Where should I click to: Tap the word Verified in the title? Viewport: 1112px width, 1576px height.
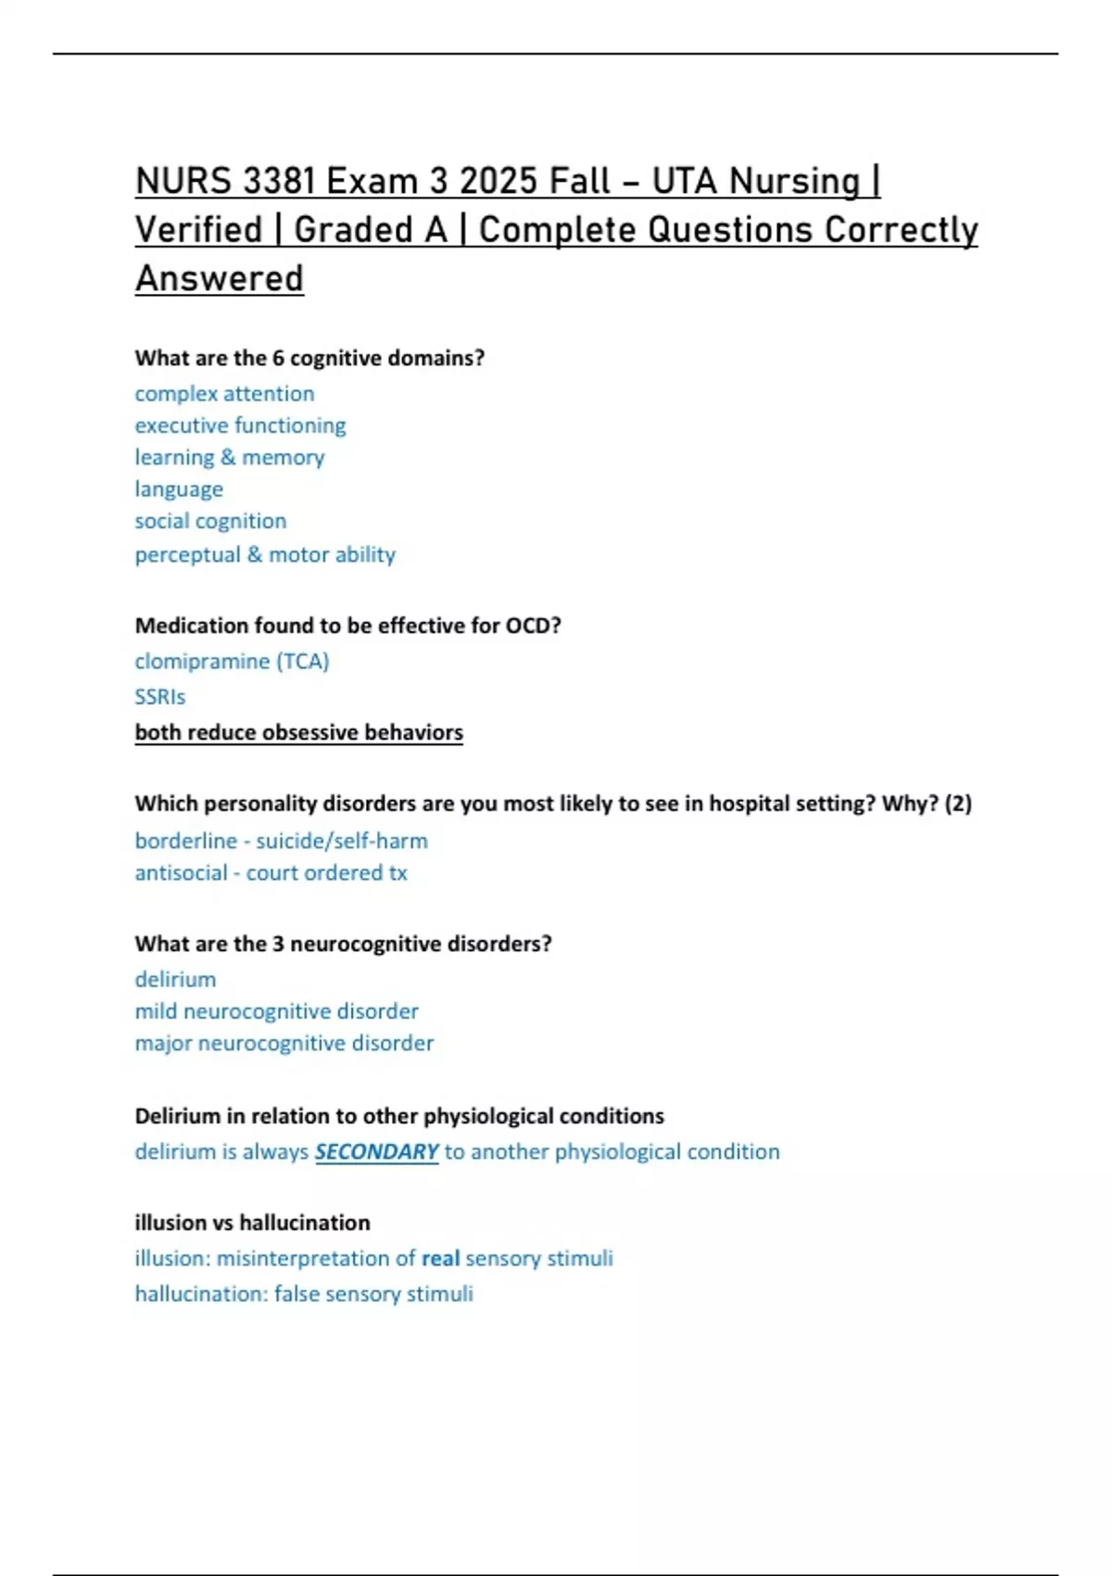pos(199,230)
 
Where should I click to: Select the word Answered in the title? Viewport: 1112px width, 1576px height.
pos(220,279)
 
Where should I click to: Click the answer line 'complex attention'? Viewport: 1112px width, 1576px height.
pos(224,394)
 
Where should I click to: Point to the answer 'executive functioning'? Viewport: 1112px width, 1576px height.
pos(240,426)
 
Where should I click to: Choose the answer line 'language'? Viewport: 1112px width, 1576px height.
pos(179,489)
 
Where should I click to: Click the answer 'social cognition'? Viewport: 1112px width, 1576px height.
pos(210,521)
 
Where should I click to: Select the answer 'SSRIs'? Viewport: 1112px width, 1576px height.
pos(160,697)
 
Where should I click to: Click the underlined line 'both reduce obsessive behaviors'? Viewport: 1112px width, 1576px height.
pos(298,732)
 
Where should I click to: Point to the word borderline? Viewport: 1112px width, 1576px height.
pos(186,841)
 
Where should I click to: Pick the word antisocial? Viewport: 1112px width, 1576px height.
pos(181,873)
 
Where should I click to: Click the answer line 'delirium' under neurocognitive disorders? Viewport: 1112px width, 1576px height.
pos(175,980)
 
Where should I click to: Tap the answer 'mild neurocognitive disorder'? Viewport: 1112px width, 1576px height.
pos(276,1011)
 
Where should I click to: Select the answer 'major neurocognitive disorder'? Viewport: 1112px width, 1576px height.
pos(284,1043)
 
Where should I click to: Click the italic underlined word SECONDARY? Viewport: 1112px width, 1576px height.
pos(376,1151)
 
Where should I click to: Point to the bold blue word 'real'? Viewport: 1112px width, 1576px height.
pos(440,1259)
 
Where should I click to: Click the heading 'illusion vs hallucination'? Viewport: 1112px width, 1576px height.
pos(252,1223)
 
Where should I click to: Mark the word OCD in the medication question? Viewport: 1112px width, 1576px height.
pos(532,626)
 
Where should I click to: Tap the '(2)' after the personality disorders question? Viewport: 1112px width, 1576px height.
pos(957,804)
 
